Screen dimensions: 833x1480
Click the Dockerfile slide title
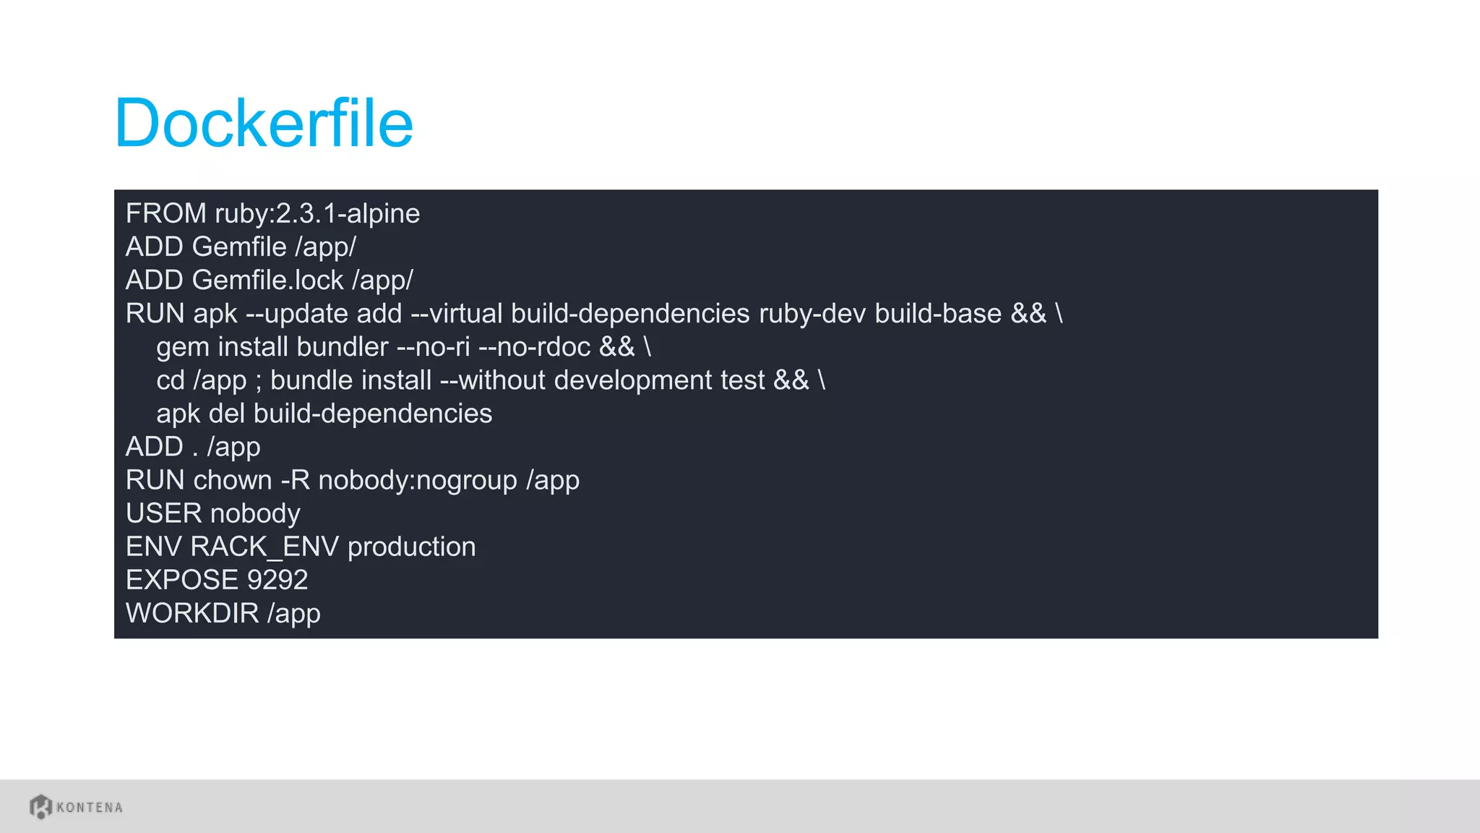pyautogui.click(x=264, y=123)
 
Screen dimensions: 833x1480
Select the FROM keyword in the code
pyautogui.click(x=165, y=214)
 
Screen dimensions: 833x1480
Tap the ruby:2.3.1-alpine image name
pyautogui.click(x=317, y=214)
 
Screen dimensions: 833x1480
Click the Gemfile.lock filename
pyautogui.click(x=267, y=281)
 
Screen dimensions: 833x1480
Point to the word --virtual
pyautogui.click(x=457, y=314)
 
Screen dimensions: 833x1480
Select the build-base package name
pyautogui.click(x=938, y=314)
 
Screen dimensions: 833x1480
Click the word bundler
pyautogui.click(x=343, y=347)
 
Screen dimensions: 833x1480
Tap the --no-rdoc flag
pyautogui.click(x=535, y=347)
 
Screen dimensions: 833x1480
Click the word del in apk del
pyautogui.click(x=227, y=414)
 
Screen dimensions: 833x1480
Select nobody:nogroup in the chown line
pyautogui.click(x=418, y=480)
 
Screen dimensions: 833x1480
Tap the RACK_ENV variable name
pyautogui.click(x=264, y=547)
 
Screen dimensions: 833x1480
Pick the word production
pyautogui.click(x=411, y=547)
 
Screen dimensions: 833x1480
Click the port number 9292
pyautogui.click(x=277, y=580)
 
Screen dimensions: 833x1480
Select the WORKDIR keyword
pyautogui.click(x=192, y=613)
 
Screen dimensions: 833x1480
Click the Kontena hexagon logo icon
pyautogui.click(x=40, y=806)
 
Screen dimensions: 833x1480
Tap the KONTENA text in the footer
pyautogui.click(x=90, y=808)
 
